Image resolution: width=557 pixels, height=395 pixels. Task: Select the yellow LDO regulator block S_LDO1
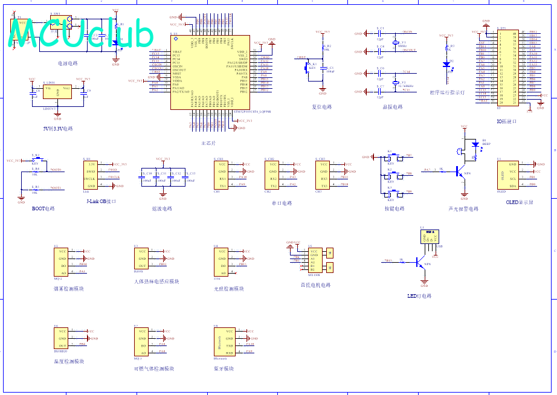pyautogui.click(x=57, y=92)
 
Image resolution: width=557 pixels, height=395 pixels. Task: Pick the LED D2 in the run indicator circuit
pyautogui.click(x=447, y=63)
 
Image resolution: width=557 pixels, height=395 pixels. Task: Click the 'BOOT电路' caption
pyautogui.click(x=43, y=208)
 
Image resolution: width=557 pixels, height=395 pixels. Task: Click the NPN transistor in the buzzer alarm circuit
pyautogui.click(x=463, y=172)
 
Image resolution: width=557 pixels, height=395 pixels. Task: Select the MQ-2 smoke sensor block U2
pyautogui.click(x=62, y=262)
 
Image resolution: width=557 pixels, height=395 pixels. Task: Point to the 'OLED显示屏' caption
pyautogui.click(x=519, y=202)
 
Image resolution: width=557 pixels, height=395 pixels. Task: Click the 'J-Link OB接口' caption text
pyautogui.click(x=101, y=201)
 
